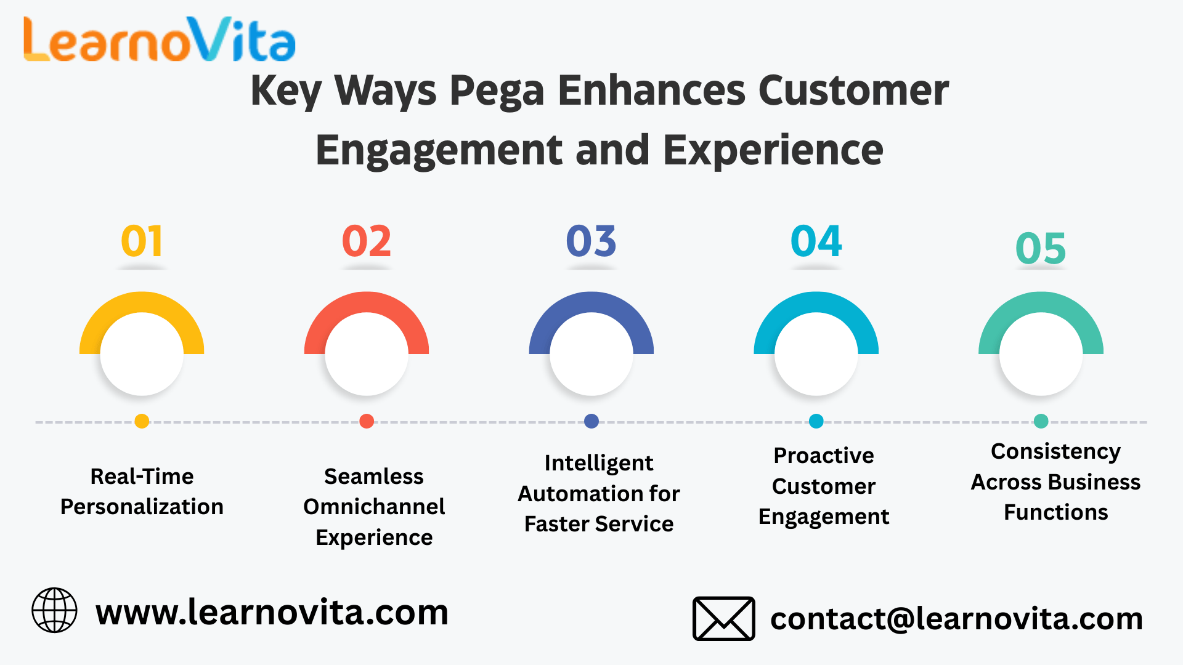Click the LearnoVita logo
(160, 39)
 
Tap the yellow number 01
(142, 241)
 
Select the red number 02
(367, 241)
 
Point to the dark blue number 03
(591, 241)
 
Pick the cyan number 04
(816, 241)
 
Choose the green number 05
(1041, 248)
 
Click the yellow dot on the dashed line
(142, 421)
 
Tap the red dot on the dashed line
(367, 421)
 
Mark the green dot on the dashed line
(1041, 421)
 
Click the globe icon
(54, 610)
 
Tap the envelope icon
(724, 618)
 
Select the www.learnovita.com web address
(272, 613)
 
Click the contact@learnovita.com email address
(957, 619)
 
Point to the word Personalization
(142, 507)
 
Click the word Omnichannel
(374, 507)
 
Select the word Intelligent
(599, 463)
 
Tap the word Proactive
(824, 456)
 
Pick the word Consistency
(1056, 452)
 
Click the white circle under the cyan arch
(816, 354)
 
